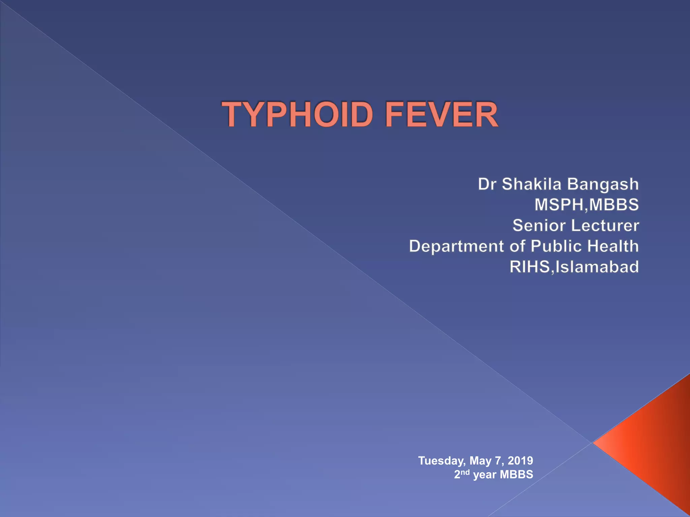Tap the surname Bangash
[603, 184]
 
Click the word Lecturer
[603, 226]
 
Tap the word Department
[457, 246]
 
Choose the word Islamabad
[597, 267]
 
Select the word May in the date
[480, 461]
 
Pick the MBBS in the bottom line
[516, 474]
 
